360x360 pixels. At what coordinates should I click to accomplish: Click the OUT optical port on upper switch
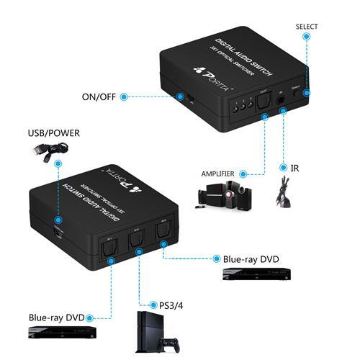click(265, 106)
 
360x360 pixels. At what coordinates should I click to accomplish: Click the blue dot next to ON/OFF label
click(124, 95)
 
